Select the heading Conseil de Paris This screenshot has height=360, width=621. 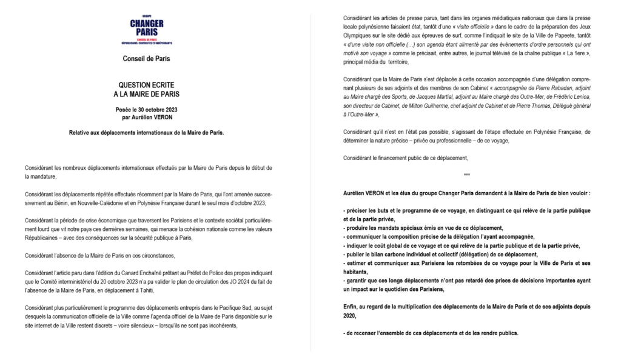click(x=146, y=59)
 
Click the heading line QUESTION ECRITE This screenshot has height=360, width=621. click(x=146, y=86)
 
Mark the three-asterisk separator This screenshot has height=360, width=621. click(x=466, y=175)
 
